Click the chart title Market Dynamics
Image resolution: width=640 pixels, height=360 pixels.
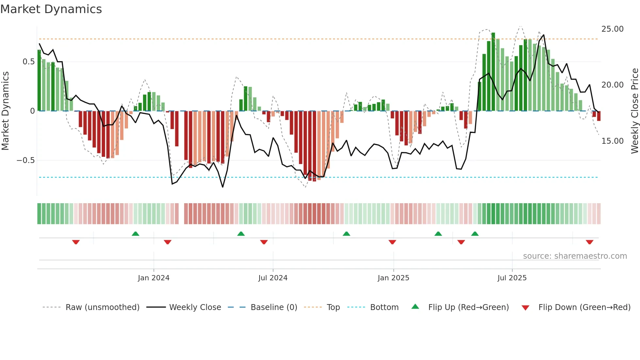51,9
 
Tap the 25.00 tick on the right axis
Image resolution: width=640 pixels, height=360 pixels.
612,29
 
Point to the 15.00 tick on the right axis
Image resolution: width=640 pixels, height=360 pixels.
612,141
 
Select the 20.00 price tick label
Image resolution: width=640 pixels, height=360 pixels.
612,85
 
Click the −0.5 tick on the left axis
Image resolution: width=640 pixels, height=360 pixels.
25,160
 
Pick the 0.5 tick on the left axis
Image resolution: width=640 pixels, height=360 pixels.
28,62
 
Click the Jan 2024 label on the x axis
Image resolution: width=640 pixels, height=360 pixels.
153,278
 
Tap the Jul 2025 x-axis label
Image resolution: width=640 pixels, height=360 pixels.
512,278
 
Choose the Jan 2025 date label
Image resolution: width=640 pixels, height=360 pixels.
393,278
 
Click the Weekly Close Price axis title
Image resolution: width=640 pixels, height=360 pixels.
634,111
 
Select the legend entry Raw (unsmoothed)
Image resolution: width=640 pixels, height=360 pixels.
102,307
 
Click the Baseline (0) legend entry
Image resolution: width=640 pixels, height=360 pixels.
274,307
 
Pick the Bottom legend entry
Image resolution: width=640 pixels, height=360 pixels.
384,307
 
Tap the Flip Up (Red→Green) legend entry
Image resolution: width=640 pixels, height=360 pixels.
468,307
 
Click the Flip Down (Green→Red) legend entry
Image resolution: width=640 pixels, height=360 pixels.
584,307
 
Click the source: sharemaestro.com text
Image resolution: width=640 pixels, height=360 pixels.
575,256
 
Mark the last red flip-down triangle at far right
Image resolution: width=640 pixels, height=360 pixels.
589,242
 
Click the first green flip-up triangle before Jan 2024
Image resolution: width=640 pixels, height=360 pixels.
136,234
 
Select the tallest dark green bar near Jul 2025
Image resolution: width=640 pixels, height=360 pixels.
493,72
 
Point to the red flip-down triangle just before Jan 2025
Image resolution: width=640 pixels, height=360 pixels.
392,242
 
